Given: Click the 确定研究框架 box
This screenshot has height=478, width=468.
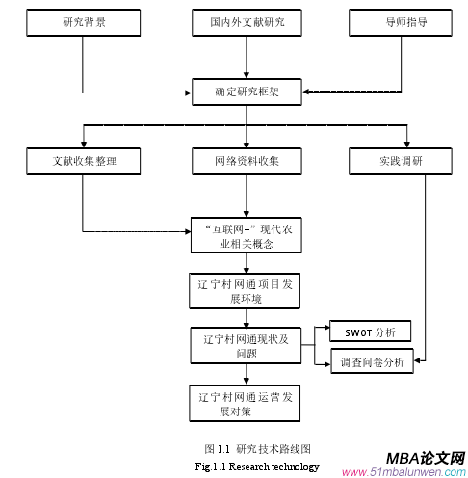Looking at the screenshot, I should tap(247, 93).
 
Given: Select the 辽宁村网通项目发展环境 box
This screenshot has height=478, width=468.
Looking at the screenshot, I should tap(247, 289).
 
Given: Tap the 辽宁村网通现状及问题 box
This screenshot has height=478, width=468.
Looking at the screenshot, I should tap(247, 345).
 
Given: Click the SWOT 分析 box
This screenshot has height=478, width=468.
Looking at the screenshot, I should tap(371, 332).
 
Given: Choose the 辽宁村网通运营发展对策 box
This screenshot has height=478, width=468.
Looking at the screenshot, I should tap(247, 402).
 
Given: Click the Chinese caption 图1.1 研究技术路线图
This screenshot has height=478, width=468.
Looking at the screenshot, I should tap(256, 449).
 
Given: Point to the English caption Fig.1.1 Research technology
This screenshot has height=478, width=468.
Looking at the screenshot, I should tap(256, 465).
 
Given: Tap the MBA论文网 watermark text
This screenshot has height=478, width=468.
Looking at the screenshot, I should tap(425, 456).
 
